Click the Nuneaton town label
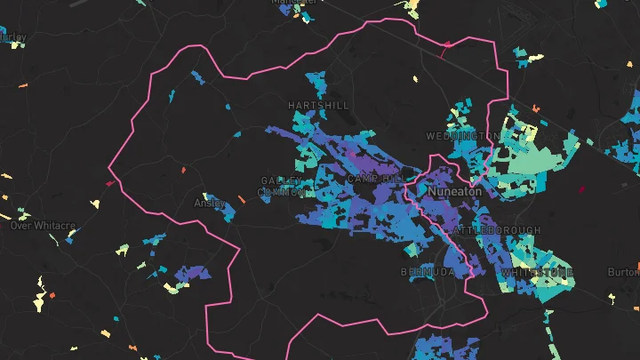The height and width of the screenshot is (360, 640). [454, 191]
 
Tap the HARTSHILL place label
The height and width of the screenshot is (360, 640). [317, 105]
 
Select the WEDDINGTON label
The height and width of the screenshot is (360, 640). [462, 136]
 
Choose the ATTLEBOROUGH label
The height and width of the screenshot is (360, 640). [496, 230]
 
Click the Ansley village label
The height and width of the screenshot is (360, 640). [211, 203]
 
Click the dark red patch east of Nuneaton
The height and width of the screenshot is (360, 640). [583, 188]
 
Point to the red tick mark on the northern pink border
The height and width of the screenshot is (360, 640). [445, 48]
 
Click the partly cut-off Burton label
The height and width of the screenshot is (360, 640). [624, 272]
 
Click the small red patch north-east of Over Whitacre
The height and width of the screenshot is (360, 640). [109, 183]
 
